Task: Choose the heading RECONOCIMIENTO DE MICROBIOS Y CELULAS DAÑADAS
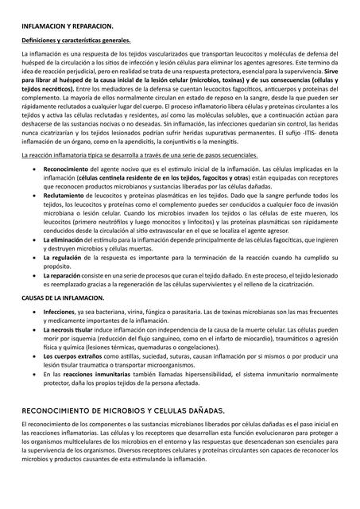[124, 410]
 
